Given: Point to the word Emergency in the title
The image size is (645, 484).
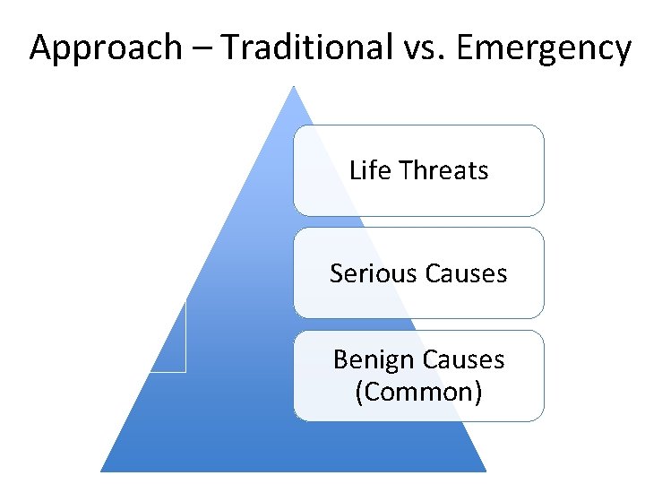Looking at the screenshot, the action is point(542,47).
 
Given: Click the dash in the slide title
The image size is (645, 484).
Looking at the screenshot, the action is point(202,48).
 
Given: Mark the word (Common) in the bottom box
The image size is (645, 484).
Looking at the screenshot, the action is point(418,392).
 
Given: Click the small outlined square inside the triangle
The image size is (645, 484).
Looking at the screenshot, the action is point(168,339).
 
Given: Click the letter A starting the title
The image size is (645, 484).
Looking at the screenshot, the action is point(40,47).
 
